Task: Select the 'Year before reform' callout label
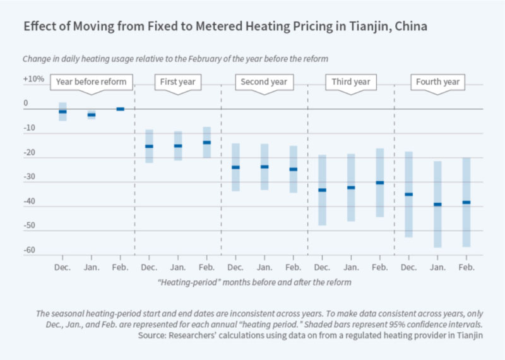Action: pos(92,82)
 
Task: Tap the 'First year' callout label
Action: pos(177,82)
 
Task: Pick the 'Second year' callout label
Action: pos(264,82)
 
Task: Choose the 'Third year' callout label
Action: pos(350,82)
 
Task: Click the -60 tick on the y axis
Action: pos(29,251)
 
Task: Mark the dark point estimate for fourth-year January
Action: pos(437,204)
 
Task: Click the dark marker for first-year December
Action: pos(149,146)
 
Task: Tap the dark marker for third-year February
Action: pos(380,183)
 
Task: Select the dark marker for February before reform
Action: pos(120,109)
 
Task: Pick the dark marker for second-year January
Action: pos(264,167)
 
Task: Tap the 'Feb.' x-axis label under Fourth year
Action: pos(466,268)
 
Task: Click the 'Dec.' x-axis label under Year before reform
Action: pos(62,268)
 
